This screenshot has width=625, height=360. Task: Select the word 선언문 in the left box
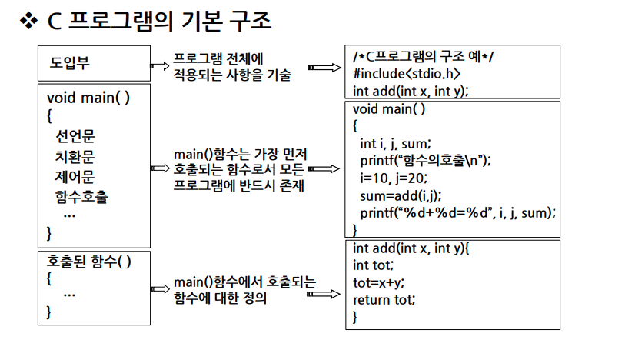point(81,137)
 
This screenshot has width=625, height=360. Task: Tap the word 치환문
point(81,157)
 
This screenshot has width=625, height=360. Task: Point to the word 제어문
point(81,177)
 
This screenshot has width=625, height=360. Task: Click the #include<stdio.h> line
point(407,74)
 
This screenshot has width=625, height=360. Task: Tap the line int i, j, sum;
point(396,143)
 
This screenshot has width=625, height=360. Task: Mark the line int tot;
point(373,265)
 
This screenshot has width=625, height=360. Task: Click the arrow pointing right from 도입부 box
point(159,67)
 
